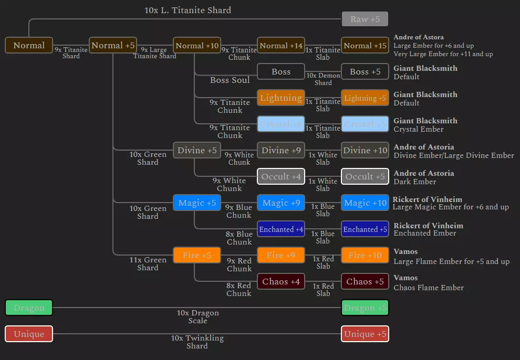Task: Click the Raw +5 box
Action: [x=365, y=19]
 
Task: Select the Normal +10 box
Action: [x=197, y=46]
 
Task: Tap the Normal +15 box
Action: [x=365, y=46]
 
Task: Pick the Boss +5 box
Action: [x=365, y=72]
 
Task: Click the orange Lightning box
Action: [x=281, y=98]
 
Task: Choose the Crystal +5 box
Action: [x=365, y=124]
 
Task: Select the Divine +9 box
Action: [x=281, y=151]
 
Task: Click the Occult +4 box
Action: [x=281, y=177]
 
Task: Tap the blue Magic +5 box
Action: [x=197, y=203]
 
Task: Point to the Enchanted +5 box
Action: [x=365, y=229]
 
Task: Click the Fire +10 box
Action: [x=365, y=256]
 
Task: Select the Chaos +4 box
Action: [x=281, y=282]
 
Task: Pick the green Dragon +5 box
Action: [x=365, y=308]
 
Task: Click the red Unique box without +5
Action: [x=29, y=334]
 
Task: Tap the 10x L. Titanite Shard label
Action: [x=188, y=10]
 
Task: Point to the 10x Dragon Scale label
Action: [x=197, y=316]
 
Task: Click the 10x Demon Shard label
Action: [x=323, y=79]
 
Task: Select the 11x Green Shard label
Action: [x=148, y=263]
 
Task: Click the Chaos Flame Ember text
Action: [x=429, y=288]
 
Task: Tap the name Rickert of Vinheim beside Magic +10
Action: [x=428, y=199]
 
